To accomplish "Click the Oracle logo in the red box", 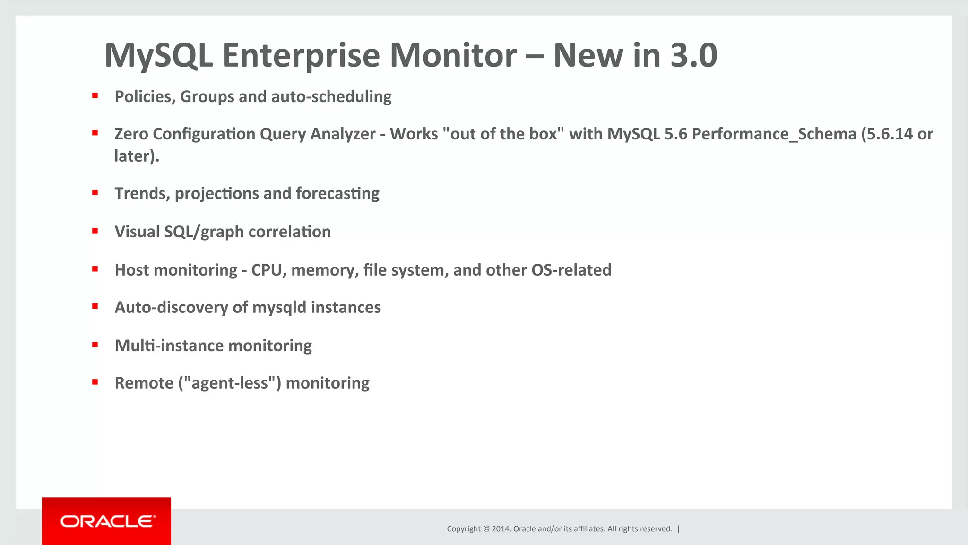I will coord(107,521).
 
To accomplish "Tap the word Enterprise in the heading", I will coord(301,56).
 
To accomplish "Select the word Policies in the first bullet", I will coord(145,96).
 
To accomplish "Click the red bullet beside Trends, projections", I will coord(95,193).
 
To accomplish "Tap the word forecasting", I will coord(337,194).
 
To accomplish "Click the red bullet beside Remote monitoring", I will coord(95,382).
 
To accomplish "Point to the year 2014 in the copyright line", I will coord(500,529).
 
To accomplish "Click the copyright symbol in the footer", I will coord(486,529).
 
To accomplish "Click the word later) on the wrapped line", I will coord(137,156).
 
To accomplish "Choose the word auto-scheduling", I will coord(331,96).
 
